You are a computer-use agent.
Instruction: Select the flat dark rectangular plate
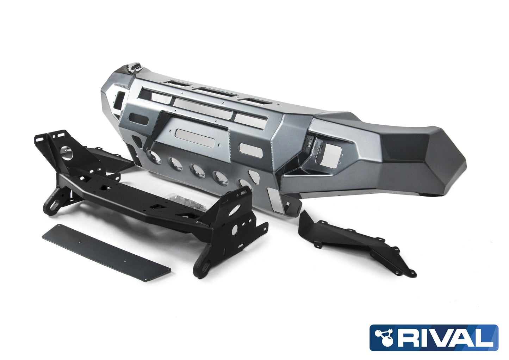tap(106, 250)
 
